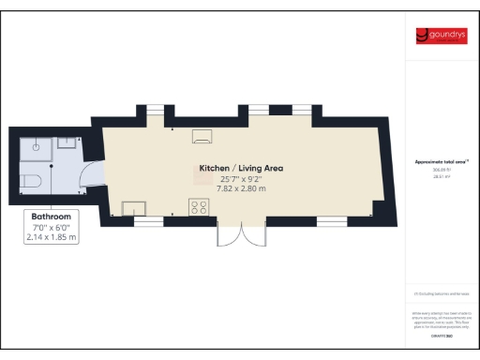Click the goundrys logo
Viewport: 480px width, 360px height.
(442, 37)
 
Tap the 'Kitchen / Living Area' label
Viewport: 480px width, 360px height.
(239, 169)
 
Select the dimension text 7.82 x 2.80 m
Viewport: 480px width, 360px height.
(239, 188)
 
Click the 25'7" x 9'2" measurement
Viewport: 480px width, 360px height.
(239, 179)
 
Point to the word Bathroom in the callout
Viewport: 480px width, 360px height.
(52, 216)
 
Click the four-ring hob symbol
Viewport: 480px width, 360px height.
(200, 206)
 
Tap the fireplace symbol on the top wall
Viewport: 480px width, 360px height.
(202, 137)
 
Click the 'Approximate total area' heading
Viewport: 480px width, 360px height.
(442, 161)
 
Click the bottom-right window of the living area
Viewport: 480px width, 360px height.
(331, 220)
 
